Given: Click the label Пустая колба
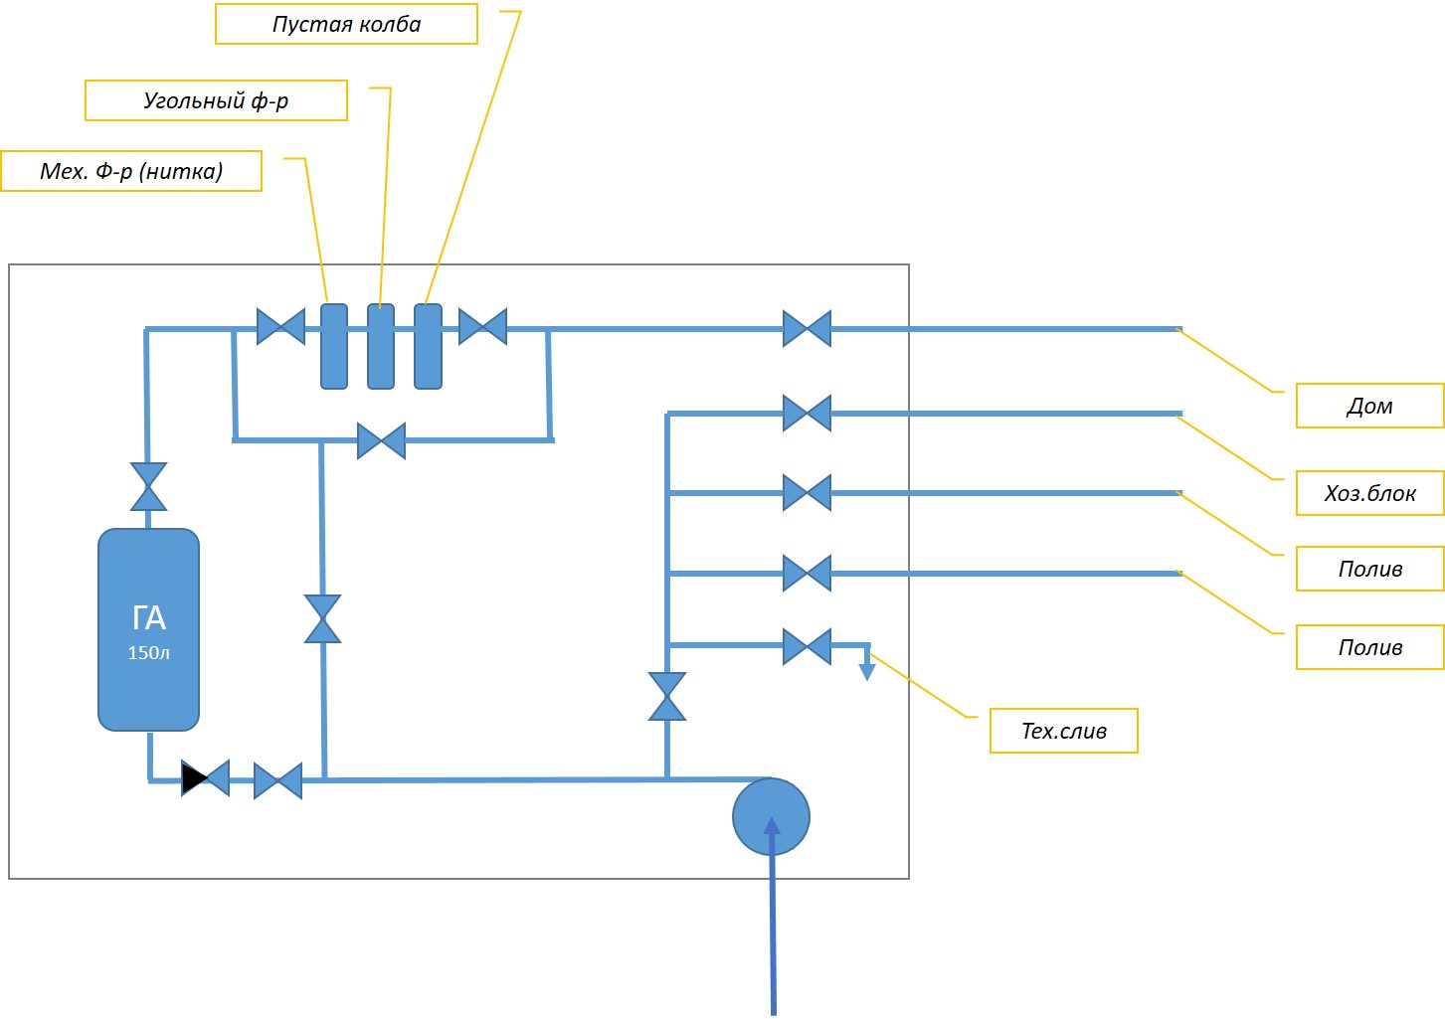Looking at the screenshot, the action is [x=346, y=24].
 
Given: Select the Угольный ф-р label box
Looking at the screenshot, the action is [x=216, y=100].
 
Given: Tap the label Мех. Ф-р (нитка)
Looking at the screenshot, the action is [x=131, y=171].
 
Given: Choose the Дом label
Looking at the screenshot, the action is [x=1369, y=406].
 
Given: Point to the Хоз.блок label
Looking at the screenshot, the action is [x=1369, y=493].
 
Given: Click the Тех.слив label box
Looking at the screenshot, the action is [x=1064, y=731].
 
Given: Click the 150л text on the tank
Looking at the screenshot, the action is [x=148, y=653].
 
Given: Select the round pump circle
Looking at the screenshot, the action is [x=771, y=816].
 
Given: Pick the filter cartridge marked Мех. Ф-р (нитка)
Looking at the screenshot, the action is [x=334, y=346].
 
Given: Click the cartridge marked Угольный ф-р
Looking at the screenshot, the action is [x=381, y=346].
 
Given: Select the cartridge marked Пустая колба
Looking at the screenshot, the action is [x=428, y=346].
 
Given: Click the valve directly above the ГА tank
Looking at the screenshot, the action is [x=148, y=486].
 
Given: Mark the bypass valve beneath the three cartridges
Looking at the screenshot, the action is [x=381, y=441].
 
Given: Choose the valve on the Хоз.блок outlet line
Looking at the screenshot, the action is [x=807, y=413].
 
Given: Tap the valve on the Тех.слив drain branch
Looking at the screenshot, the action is [x=807, y=646].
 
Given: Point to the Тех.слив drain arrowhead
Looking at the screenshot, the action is [x=867, y=672].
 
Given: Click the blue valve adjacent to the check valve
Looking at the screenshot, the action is [x=278, y=781].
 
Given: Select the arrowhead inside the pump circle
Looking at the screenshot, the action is [x=772, y=825].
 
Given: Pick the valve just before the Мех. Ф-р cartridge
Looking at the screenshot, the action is [x=280, y=327].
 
